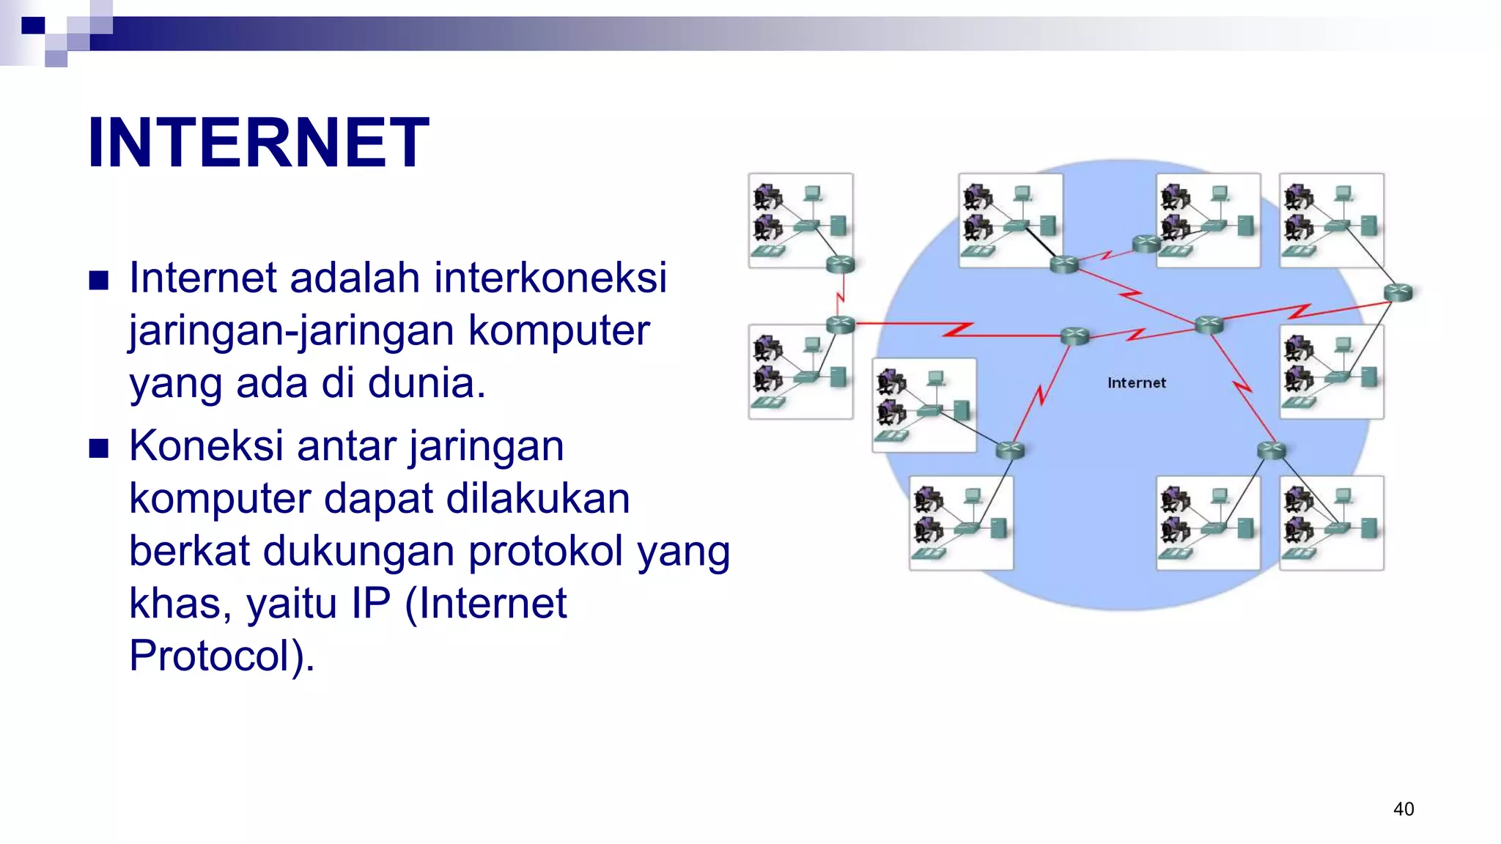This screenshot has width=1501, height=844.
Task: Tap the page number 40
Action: click(x=1403, y=809)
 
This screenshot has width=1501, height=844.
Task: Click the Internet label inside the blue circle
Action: click(x=1136, y=382)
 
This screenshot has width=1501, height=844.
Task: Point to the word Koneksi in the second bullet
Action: click(x=206, y=446)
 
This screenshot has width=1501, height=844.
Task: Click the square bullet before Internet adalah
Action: click(x=99, y=280)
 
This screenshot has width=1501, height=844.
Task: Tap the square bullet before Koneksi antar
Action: click(x=99, y=448)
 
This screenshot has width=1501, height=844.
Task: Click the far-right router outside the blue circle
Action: click(x=1398, y=292)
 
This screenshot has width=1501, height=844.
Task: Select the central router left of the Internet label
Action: click(x=1075, y=336)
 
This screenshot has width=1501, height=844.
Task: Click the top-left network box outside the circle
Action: click(x=800, y=220)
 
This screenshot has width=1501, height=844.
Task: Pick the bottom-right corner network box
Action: click(x=1331, y=522)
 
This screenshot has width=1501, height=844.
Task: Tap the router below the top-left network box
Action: click(x=840, y=264)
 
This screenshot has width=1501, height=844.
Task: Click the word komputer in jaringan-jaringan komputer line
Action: click(x=558, y=330)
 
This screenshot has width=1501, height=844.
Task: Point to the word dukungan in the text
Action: click(x=359, y=551)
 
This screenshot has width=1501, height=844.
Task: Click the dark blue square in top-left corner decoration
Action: click(x=33, y=26)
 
